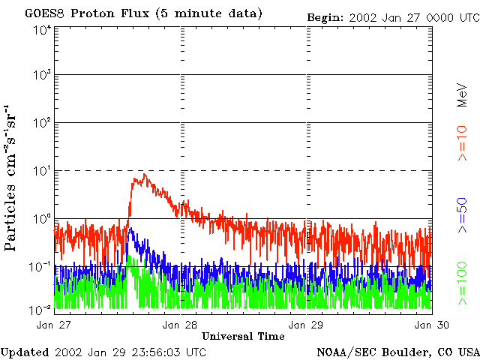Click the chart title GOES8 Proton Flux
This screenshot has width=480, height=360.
(143, 13)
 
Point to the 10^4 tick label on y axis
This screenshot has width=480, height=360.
(41, 29)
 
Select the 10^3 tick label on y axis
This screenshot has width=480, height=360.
(41, 76)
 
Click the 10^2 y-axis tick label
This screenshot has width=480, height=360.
(41, 123)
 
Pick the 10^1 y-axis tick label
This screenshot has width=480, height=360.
(41, 171)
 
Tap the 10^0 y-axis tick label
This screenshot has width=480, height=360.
(41, 219)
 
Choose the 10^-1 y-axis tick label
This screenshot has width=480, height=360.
(40, 266)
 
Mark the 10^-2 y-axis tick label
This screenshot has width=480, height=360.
(40, 308)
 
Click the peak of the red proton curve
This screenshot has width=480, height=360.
(144, 175)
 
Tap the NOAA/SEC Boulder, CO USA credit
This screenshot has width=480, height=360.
(397, 352)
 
